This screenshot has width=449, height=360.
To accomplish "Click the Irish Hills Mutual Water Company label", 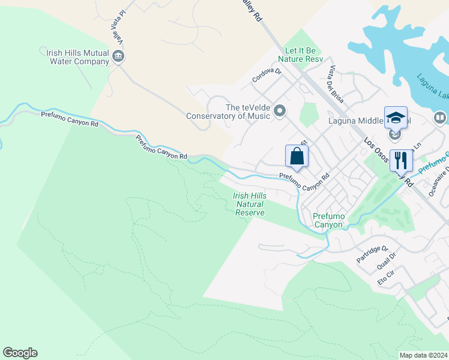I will pyautogui.click(x=77, y=56).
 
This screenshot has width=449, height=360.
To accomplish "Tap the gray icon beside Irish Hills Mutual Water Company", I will pyautogui.click(x=118, y=57).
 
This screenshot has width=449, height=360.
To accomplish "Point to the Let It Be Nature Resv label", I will pyautogui.click(x=300, y=59).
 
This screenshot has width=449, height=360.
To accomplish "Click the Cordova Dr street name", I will pyautogui.click(x=267, y=75).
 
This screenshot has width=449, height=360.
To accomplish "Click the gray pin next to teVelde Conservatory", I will pyautogui.click(x=279, y=111).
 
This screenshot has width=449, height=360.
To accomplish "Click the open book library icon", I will pyautogui.click(x=440, y=118).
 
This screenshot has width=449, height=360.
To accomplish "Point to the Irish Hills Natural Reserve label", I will pyautogui.click(x=249, y=204).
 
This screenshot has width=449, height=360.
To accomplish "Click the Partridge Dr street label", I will pyautogui.click(x=373, y=254).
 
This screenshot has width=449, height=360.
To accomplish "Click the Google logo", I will pyautogui.click(x=20, y=352).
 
